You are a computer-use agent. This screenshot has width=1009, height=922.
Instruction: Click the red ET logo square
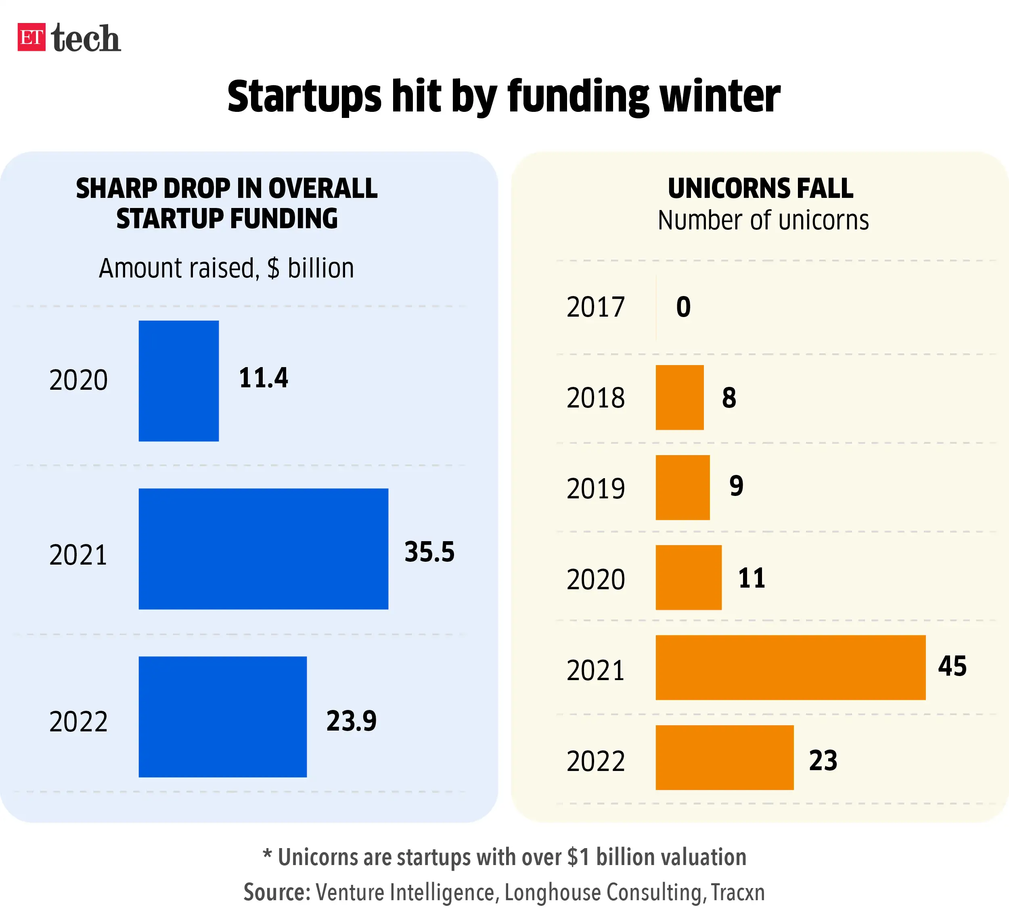(31, 37)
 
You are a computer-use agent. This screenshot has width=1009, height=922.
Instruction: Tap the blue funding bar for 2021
(263, 548)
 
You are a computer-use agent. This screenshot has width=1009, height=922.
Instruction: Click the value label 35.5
(429, 552)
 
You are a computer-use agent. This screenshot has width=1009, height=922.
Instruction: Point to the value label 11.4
(263, 378)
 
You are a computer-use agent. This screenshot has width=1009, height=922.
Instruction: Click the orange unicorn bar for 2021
(790, 667)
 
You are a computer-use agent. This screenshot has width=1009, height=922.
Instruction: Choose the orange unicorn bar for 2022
(724, 757)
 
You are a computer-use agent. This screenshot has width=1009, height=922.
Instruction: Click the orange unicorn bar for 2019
(682, 487)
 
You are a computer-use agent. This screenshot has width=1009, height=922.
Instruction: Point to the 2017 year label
(596, 307)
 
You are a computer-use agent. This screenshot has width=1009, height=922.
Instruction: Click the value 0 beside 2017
(683, 307)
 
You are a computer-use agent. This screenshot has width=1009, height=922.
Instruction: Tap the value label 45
(952, 666)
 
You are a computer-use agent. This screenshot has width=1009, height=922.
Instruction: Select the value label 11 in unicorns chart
(752, 578)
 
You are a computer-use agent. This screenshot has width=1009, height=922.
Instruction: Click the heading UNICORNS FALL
(760, 188)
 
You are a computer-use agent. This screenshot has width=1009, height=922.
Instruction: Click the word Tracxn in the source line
(738, 893)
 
